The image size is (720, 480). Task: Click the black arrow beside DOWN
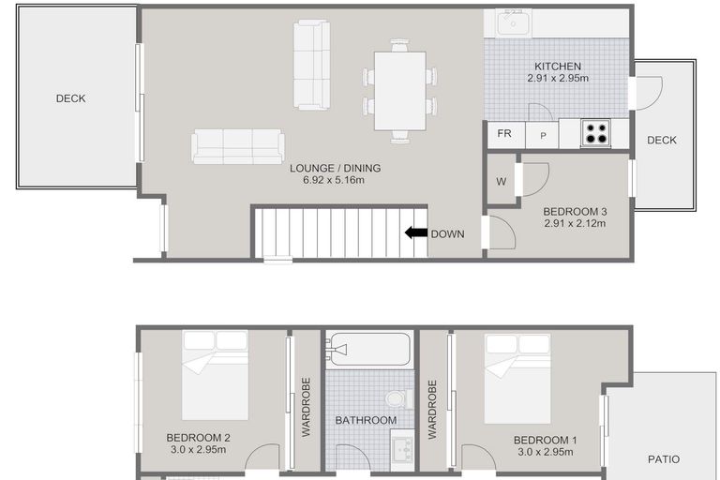415,232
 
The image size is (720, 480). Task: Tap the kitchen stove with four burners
595,133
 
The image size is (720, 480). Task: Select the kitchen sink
514,22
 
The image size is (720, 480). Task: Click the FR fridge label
504,133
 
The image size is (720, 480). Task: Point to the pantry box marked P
542,135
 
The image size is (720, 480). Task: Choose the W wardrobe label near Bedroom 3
501,182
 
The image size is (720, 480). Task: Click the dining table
400,91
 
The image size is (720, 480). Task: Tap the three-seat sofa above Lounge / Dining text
237,146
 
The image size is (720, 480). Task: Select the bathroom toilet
399,398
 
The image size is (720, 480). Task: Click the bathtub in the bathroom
369,349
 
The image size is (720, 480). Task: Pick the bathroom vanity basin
403,450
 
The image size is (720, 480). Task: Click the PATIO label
664,458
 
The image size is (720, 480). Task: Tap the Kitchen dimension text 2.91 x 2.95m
558,78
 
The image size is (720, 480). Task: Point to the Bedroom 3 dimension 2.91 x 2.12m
575,223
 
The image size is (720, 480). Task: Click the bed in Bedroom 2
216,375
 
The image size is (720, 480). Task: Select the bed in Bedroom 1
517,379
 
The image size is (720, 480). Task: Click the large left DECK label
70,98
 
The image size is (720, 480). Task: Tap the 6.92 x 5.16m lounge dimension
334,180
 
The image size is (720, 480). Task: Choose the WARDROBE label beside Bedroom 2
307,407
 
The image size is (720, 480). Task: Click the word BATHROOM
366,420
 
